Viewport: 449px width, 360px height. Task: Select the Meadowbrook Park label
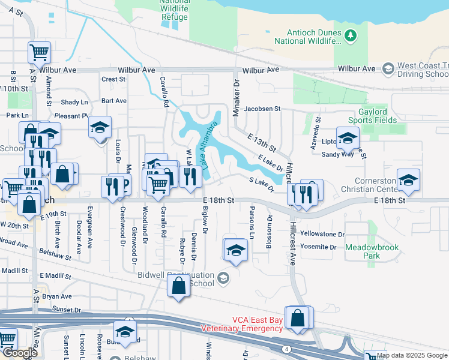tap(363, 251)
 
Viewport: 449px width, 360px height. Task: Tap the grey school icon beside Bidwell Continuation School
tap(223, 277)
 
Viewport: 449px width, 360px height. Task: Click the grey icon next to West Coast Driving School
tap(387, 68)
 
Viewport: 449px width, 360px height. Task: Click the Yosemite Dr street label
tap(318, 247)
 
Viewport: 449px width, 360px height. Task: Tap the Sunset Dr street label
tap(66, 310)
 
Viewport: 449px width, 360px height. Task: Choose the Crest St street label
tap(113, 79)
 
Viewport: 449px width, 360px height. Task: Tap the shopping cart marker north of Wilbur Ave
tap(39, 53)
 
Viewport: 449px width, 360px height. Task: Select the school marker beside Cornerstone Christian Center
tap(408, 180)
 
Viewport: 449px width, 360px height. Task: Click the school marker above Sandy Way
tap(348, 138)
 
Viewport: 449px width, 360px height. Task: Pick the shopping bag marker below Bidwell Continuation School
tap(179, 287)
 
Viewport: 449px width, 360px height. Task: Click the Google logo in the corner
tap(19, 353)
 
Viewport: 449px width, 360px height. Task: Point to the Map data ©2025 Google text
tap(411, 355)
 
